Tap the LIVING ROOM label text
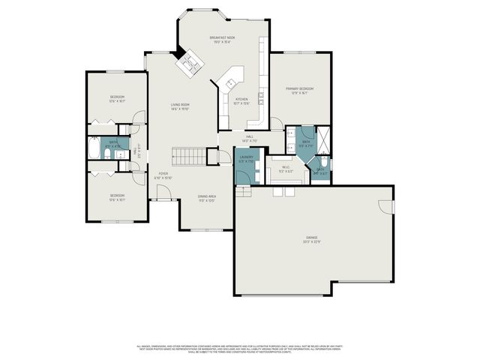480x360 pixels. pyautogui.click(x=179, y=104)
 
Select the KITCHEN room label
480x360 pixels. pyautogui.click(x=241, y=99)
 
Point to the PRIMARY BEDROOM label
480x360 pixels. pyautogui.click(x=299, y=88)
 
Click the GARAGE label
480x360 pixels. pyautogui.click(x=310, y=237)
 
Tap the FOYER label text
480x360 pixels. pyautogui.click(x=163, y=174)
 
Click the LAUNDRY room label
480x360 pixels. pyautogui.click(x=246, y=157)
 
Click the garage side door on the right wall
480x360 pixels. pyautogui.click(x=388, y=206)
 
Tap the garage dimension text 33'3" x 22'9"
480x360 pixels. pyautogui.click(x=310, y=241)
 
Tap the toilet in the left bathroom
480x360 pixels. pyautogui.click(x=108, y=154)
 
